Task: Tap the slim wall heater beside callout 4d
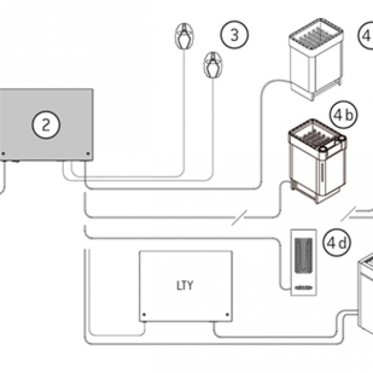304,260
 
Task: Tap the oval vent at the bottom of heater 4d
304,287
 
